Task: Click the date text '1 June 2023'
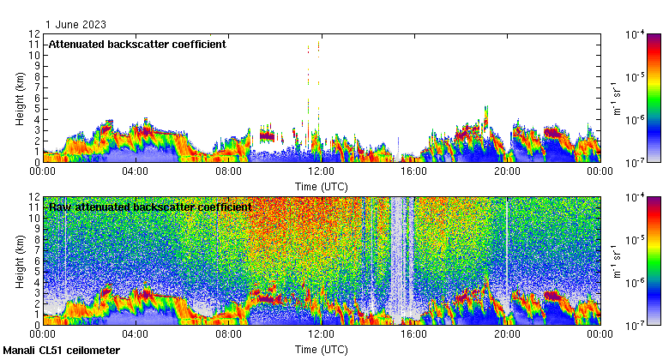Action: coord(75,25)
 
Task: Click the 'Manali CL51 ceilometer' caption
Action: coord(62,351)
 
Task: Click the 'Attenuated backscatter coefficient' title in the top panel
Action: coord(137,44)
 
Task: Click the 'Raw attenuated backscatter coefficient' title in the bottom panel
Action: coord(150,207)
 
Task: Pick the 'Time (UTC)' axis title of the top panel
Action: coord(321,185)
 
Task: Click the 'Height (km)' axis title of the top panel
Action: coord(19,97)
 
